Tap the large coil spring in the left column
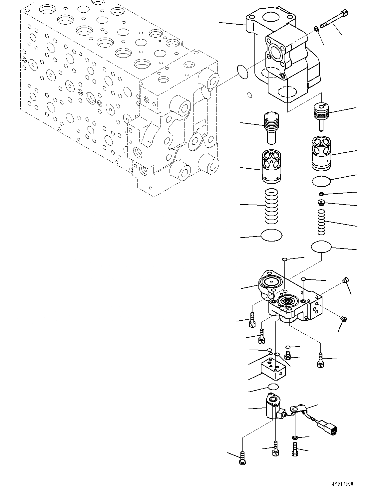[x=271, y=206]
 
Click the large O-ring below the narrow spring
[x=321, y=247]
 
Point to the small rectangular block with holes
[x=273, y=370]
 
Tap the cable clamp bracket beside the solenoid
[x=299, y=409]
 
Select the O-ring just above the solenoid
[x=273, y=387]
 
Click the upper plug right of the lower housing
[x=345, y=281]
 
